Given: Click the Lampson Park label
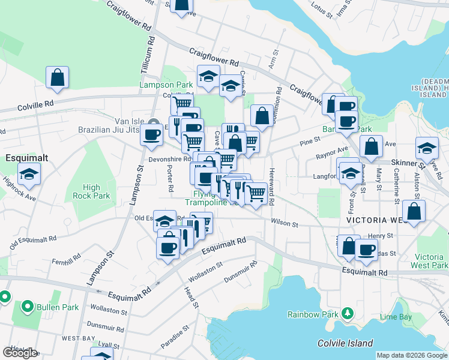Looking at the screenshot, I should pos(166,85).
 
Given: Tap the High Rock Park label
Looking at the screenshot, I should pos(91,191).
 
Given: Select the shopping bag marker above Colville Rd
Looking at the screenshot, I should pos(58,77).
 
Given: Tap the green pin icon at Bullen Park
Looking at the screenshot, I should pos(27,307).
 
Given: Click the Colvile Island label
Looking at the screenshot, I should pos(345,343).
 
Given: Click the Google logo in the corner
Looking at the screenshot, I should pos(20,353).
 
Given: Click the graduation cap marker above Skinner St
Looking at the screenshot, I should pos(427,148).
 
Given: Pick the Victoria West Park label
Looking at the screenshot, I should pos(430,260).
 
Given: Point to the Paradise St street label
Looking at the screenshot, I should pos(175,337).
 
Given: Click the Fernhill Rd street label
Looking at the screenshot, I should pos(66,261).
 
